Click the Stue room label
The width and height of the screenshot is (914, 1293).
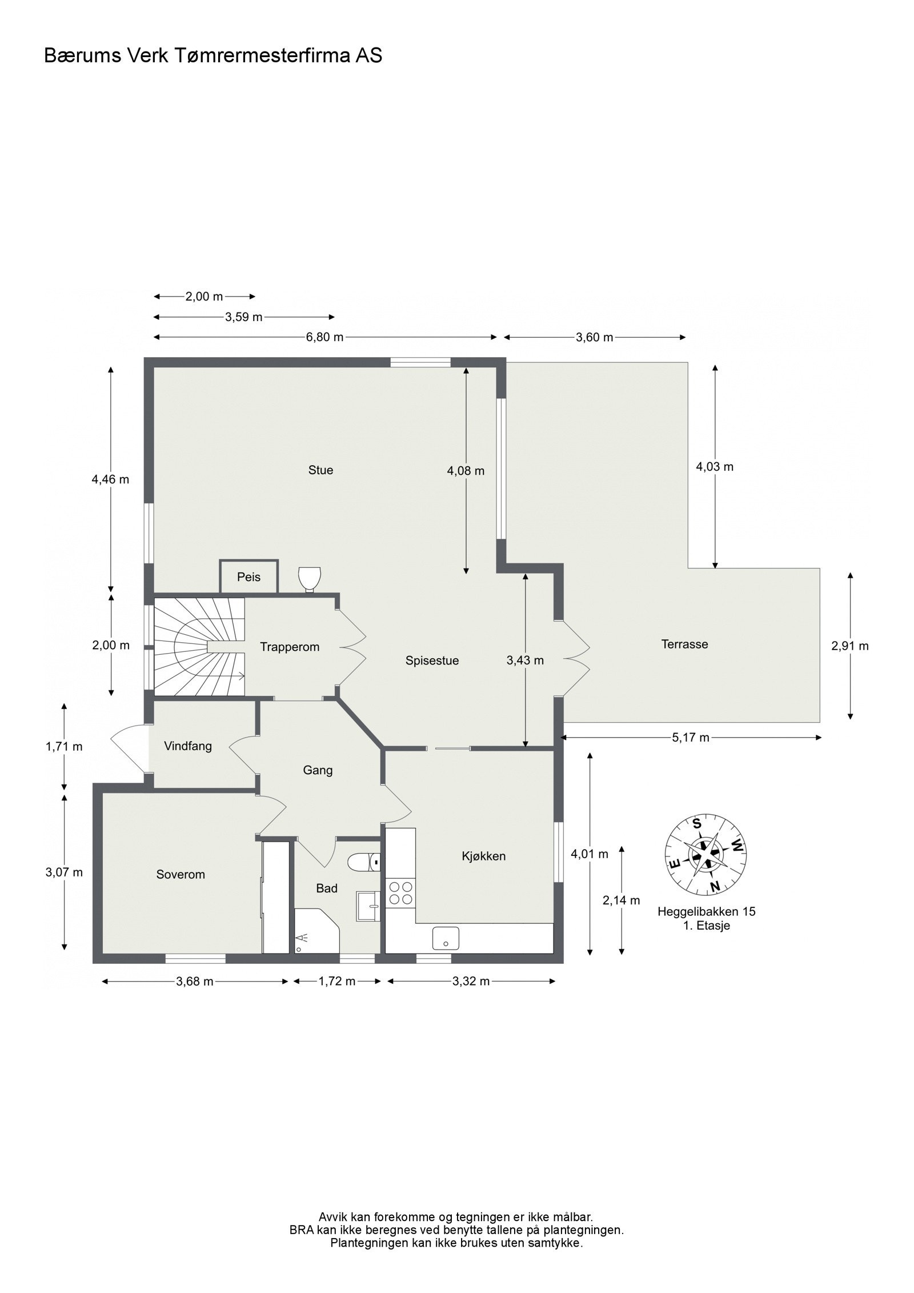320,470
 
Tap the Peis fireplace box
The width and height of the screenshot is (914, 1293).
249,577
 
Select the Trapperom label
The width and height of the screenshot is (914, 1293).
290,647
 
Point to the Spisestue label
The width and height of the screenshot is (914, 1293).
432,660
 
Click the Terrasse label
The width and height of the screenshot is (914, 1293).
684,645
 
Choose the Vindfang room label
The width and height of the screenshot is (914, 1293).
187,746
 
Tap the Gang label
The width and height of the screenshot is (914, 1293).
318,770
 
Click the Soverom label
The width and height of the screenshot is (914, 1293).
181,874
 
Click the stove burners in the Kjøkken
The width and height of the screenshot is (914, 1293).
400,893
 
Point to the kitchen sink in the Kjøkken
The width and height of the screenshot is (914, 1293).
445,938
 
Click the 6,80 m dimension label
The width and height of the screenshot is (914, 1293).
324,337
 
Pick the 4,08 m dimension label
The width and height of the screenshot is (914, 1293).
466,471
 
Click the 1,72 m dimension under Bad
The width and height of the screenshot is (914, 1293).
337,982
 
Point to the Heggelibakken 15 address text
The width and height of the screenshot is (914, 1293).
706,912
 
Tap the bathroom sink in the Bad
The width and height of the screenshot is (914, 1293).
368,906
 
